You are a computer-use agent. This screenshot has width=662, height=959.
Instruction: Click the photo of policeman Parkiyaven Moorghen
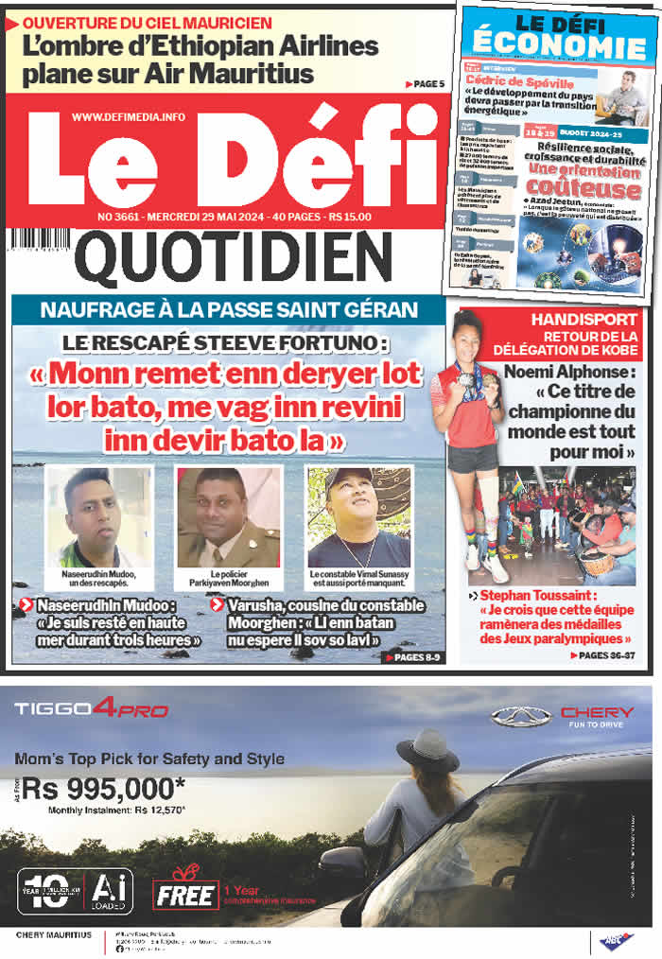228,516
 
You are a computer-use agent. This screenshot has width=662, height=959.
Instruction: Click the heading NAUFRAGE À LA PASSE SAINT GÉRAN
228,309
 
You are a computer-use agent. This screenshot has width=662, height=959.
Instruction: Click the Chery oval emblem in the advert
520,716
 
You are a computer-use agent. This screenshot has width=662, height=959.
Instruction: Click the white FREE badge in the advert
186,895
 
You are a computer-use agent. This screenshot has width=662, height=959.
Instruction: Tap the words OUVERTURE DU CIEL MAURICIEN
147,22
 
